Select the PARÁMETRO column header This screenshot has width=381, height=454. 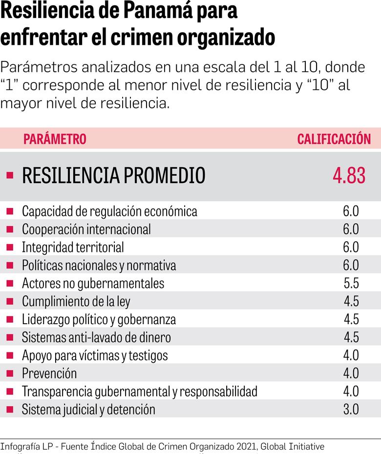[55, 139]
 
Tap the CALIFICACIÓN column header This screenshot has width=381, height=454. [334, 139]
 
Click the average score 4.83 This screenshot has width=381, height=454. [349, 176]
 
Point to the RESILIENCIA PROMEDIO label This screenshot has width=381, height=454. [113, 176]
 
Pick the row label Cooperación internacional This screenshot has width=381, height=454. [86, 229]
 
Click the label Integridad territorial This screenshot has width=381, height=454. [73, 248]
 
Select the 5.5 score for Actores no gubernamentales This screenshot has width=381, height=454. [351, 283]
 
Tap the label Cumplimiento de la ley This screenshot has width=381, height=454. [76, 301]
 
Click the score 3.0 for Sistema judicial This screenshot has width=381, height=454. [351, 409]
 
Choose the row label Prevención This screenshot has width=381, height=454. [49, 373]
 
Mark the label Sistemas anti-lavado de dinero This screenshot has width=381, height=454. [96, 337]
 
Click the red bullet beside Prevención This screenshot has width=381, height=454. [10, 373]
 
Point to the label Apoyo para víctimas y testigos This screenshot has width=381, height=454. [95, 355]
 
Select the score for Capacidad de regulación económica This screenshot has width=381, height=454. [351, 211]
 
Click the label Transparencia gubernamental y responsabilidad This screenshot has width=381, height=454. [139, 392]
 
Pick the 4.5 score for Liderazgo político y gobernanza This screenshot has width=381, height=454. [351, 319]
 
